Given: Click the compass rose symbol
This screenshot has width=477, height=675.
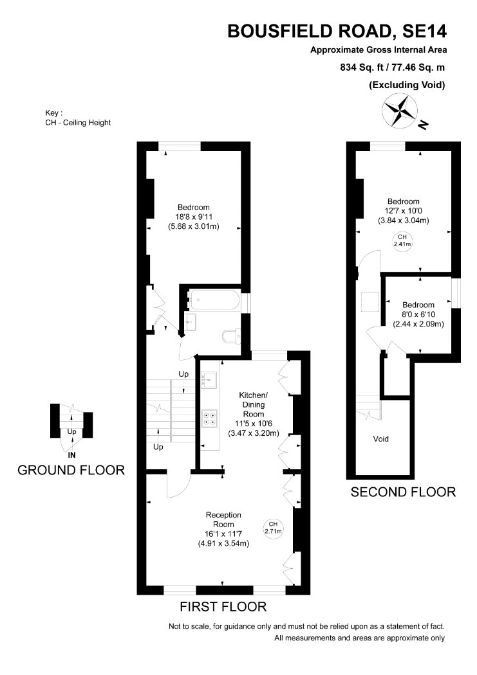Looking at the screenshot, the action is click(x=400, y=111).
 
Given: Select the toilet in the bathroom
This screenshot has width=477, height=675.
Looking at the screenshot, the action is click(x=232, y=336).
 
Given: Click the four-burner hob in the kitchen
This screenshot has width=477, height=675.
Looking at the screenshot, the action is click(x=210, y=419).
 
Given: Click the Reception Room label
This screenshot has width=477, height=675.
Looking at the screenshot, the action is click(x=223, y=519).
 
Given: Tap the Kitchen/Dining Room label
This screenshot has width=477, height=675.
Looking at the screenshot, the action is click(x=254, y=404).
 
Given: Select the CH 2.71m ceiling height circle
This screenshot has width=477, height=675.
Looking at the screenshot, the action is click(x=273, y=528).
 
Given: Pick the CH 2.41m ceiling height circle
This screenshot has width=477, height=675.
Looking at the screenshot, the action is click(x=402, y=240).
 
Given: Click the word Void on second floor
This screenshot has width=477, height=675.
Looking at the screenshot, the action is click(x=381, y=438).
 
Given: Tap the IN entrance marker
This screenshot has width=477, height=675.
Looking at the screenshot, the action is click(x=72, y=455).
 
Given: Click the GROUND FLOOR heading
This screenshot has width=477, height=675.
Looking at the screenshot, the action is click(x=71, y=470).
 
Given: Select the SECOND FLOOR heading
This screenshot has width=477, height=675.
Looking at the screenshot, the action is click(x=403, y=492).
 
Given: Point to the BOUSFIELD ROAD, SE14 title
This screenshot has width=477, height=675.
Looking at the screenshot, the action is click(x=337, y=32).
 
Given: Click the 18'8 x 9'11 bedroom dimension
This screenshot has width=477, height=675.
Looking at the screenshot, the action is click(x=194, y=217).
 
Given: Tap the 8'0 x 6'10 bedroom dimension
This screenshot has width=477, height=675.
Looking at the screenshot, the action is click(x=418, y=314).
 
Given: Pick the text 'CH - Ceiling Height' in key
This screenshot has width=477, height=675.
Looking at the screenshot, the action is click(x=78, y=123).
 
